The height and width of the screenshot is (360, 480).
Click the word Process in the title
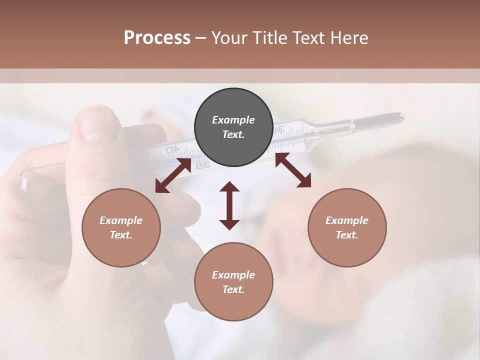(157, 38)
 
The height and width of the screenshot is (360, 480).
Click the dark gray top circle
(233, 127)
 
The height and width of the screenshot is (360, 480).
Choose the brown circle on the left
(121, 227)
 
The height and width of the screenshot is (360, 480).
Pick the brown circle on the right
(347, 227)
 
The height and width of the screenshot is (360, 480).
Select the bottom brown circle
(233, 282)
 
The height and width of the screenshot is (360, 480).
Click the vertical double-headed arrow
(229, 206)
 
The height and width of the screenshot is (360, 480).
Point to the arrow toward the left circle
(173, 175)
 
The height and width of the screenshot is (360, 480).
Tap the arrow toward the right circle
(293, 170)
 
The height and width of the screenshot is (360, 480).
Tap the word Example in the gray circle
(233, 120)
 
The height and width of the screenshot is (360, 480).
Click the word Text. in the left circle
(121, 235)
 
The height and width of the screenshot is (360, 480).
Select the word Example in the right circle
(347, 220)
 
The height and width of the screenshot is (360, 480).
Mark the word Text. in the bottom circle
(233, 289)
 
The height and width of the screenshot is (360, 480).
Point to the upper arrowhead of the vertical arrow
(229, 188)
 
